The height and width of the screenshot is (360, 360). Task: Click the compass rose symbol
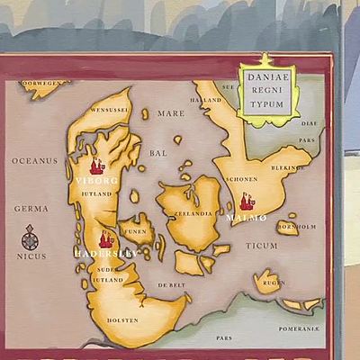(30, 238)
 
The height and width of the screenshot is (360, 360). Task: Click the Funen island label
(135, 231)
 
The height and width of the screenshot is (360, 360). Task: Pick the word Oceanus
(34, 160)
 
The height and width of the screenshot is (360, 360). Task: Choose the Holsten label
(123, 319)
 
